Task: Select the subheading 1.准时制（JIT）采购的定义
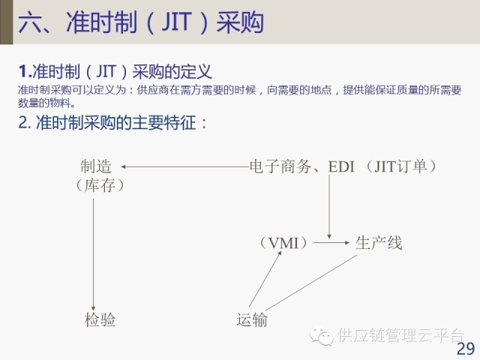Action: pyautogui.click(x=116, y=72)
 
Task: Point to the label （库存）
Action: pyautogui.click(x=99, y=184)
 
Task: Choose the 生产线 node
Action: pyautogui.click(x=379, y=243)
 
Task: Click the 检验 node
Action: pyautogui.click(x=100, y=320)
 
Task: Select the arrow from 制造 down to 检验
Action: pyautogui.click(x=93, y=247)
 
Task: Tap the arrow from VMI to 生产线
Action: pyautogui.click(x=331, y=243)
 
